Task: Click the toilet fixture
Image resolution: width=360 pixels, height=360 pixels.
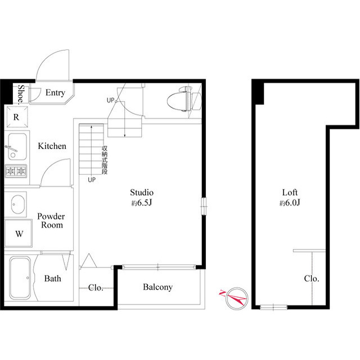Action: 184,99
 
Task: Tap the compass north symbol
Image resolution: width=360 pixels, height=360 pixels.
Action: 236,298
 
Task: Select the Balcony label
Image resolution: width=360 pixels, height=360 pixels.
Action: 157,287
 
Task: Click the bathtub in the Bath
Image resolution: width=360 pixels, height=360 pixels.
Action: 20,278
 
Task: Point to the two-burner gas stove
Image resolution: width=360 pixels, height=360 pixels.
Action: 16,171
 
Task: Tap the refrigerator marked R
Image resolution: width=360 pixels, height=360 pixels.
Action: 16,117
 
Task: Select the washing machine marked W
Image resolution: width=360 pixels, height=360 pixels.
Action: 19,233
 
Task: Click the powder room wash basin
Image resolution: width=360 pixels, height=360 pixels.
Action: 17,204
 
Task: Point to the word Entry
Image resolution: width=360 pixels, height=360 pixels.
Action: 55,93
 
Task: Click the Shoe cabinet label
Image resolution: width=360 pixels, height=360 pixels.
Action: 21,94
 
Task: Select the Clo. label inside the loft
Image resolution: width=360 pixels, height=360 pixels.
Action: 312,279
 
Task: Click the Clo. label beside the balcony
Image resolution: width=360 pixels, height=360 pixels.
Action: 96,287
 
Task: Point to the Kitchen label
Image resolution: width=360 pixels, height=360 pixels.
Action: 52,146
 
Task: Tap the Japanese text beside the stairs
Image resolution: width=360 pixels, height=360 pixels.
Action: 105,160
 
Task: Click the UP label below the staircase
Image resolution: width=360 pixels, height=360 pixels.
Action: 92,180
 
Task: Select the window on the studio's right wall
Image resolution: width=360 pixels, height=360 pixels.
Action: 204,206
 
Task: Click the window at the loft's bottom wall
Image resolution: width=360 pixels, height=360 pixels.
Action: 273,307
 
